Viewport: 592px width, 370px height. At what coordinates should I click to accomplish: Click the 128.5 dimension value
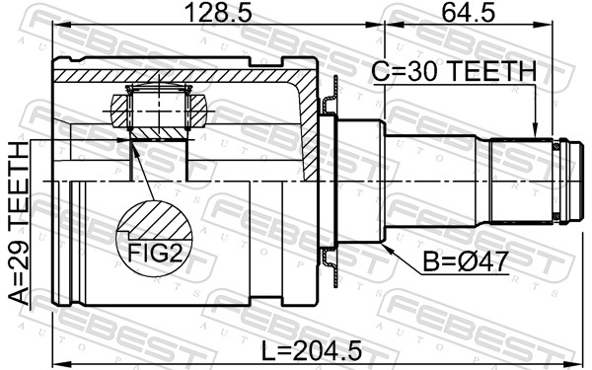pos(219,13)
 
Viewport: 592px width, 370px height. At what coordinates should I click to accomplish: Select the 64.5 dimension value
pos(468,13)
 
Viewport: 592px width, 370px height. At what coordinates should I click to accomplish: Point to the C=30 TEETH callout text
pos(454,71)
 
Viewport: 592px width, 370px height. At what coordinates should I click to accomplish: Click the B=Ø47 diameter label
pos(465,261)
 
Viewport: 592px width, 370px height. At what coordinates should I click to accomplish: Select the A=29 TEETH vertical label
pos(19,223)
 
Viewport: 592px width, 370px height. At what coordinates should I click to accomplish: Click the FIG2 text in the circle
pos(155,253)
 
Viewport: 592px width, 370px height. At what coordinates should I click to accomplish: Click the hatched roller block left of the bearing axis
pos(120,111)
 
